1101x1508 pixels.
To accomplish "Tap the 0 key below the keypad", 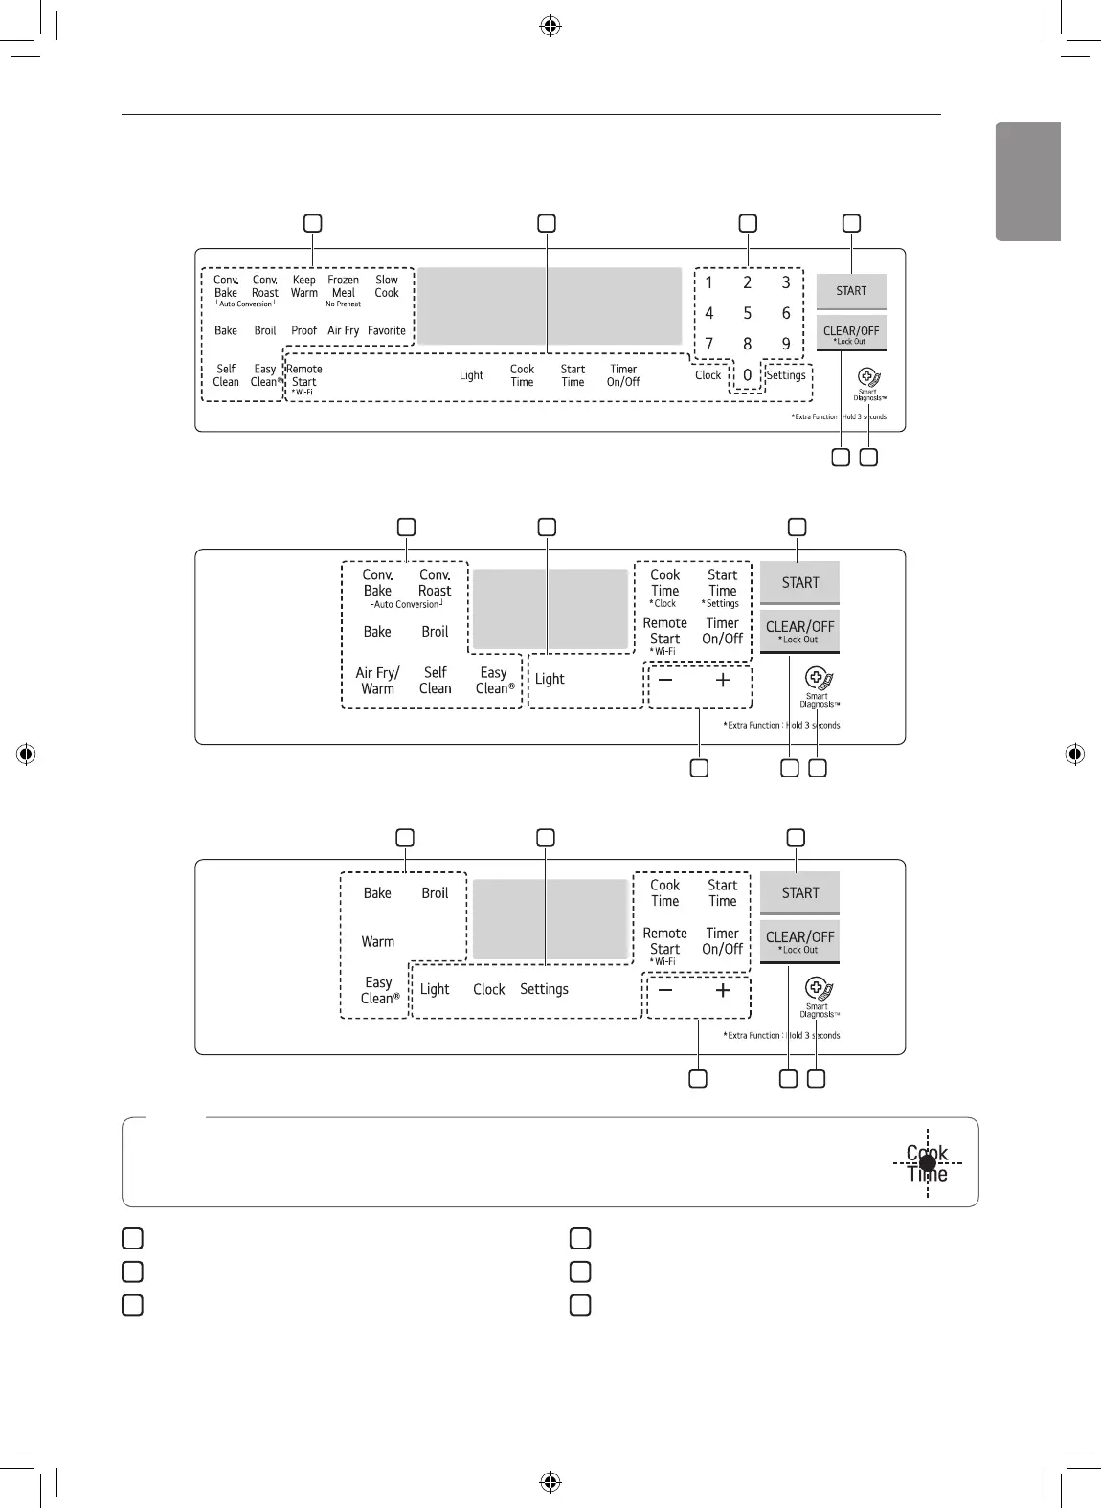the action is coord(748,375).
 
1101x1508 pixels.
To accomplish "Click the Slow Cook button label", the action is coord(387,286).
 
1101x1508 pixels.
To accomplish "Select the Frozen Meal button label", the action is coord(343,287).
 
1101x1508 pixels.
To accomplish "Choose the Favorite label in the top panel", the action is coord(387,330).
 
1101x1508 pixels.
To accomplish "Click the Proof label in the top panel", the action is coord(303,330).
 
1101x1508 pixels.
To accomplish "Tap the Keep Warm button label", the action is coord(303,286).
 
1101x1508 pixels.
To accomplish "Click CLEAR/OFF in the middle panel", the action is coord(799,631).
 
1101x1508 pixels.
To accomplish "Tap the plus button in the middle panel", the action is coord(723,680).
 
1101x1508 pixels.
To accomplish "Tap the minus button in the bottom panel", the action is coord(665,990).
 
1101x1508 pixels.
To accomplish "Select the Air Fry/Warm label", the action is coord(377,681).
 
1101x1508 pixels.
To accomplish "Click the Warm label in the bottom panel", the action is coord(377,942).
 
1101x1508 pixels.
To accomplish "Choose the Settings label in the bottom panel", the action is coord(544,989).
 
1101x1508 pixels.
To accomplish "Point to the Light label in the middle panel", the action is coord(550,679).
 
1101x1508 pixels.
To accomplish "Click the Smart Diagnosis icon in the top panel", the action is coord(868,379).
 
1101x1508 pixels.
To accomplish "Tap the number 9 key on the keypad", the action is coord(786,344).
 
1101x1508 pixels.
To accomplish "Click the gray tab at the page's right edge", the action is coord(1028,181).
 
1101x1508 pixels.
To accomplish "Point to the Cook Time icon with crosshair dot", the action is coord(927,1163).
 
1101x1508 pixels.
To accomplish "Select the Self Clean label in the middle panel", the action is coord(435,681).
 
